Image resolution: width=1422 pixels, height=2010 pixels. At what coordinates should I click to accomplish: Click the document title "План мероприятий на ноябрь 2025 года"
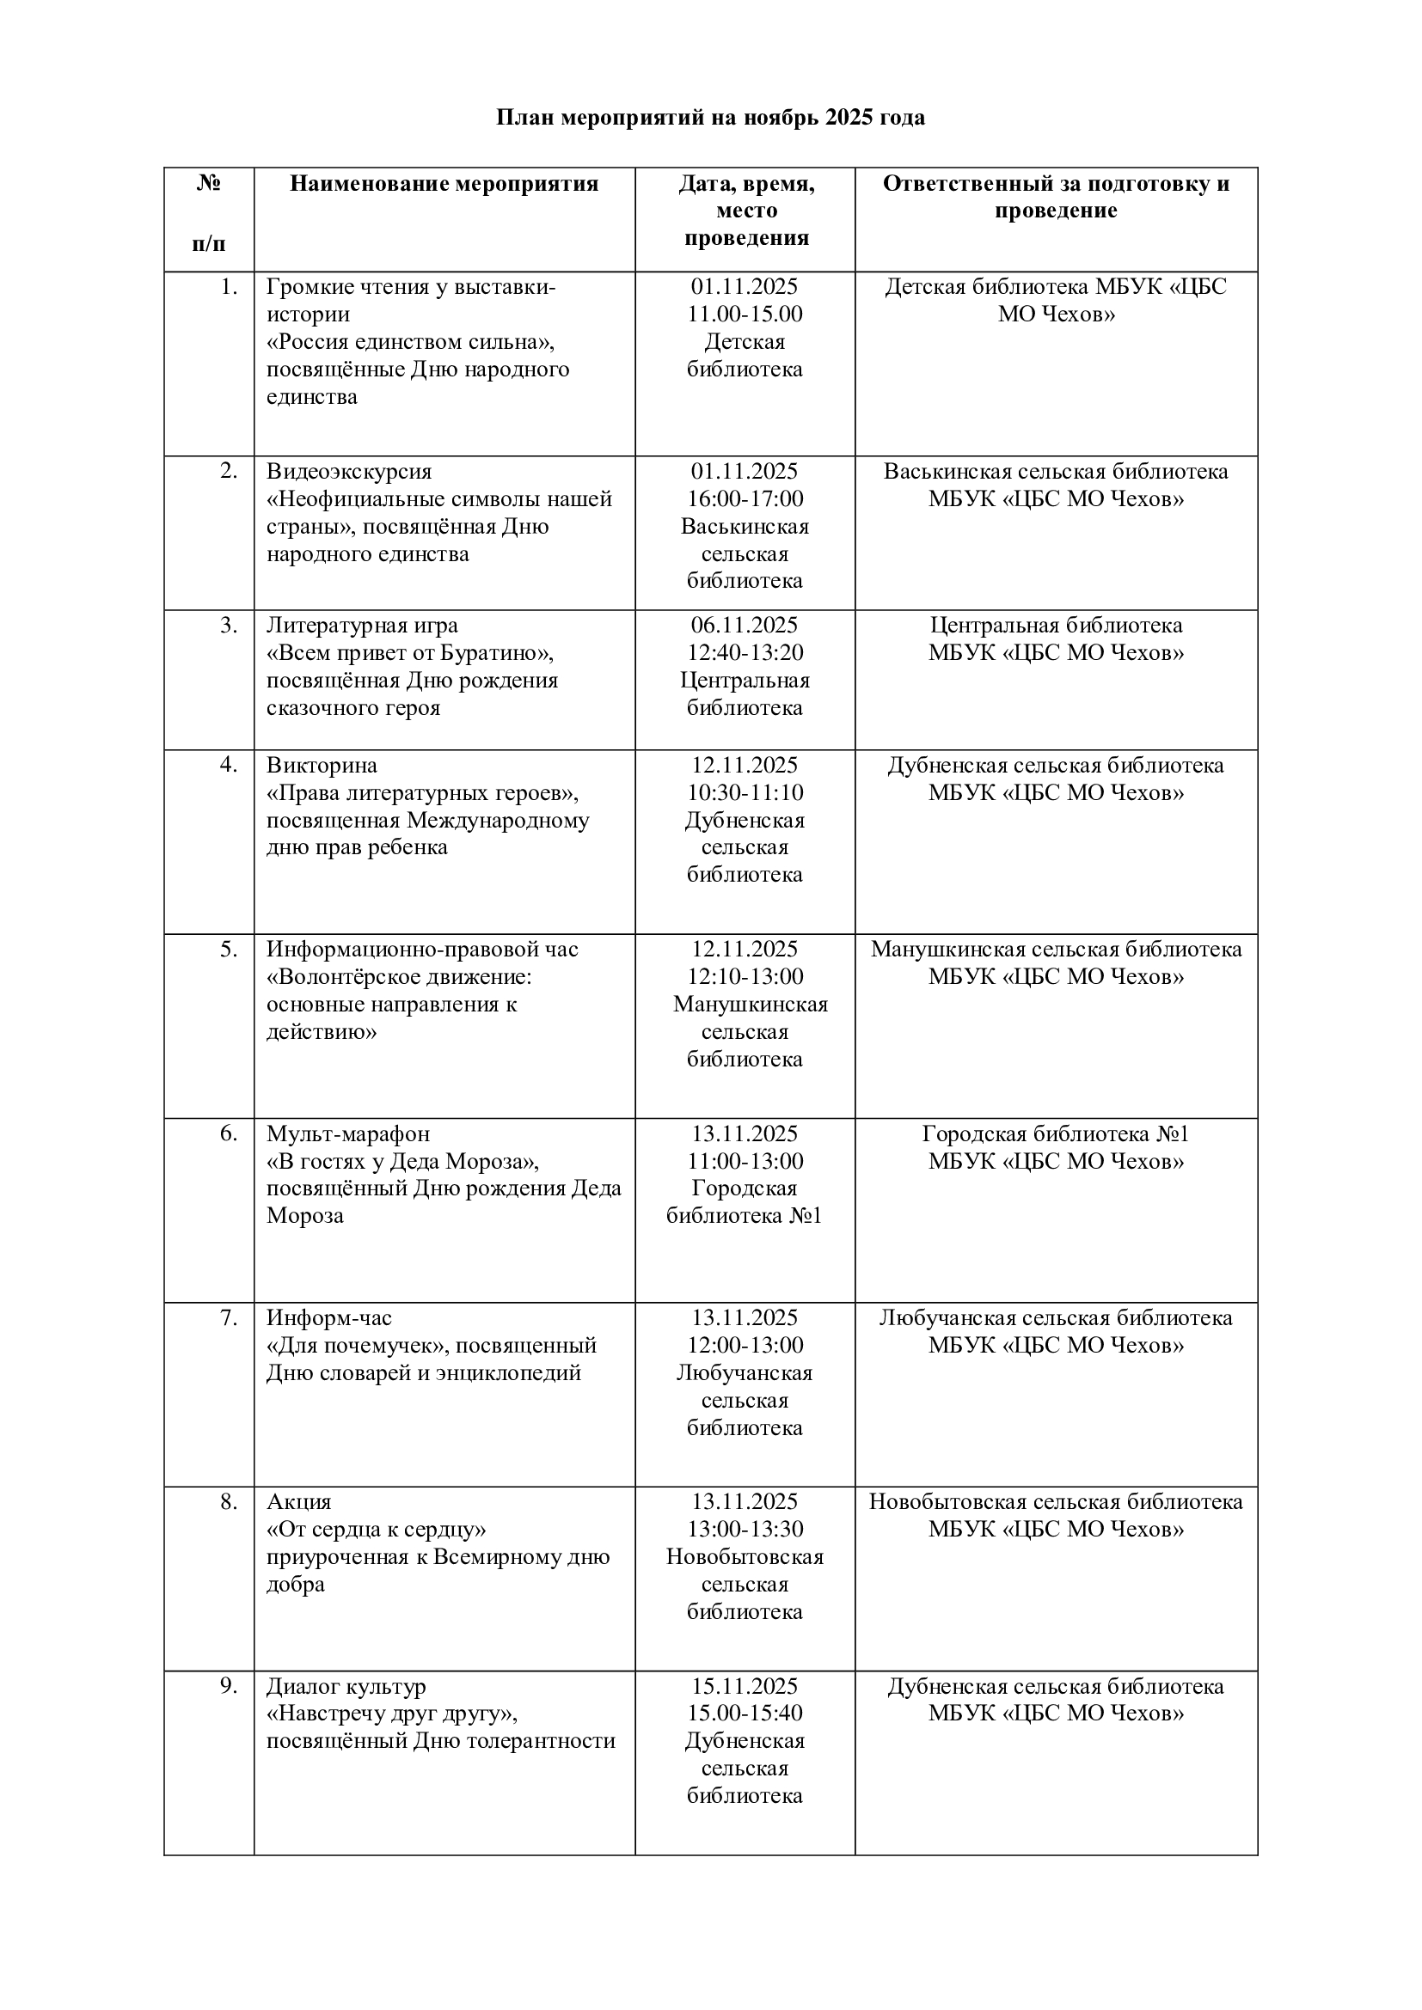coord(710,118)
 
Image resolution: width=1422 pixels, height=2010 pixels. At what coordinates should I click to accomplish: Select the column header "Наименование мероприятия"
coord(444,184)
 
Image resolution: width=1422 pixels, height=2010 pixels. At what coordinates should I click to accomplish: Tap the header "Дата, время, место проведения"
coord(745,211)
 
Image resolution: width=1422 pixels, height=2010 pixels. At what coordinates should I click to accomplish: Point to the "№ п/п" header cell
coord(208,213)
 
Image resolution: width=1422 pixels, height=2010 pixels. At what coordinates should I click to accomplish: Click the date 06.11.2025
coord(745,625)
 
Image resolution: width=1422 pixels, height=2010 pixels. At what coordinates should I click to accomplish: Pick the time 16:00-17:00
coord(745,499)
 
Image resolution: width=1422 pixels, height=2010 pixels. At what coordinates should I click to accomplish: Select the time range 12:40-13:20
coord(745,653)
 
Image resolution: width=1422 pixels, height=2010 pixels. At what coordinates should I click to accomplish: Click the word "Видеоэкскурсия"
coord(349,472)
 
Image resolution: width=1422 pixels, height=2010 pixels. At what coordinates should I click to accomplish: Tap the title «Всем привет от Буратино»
coord(411,653)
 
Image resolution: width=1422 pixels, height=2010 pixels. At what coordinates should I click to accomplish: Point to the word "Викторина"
coord(322,765)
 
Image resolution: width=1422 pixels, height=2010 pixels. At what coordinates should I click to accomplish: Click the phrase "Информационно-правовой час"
coord(422,949)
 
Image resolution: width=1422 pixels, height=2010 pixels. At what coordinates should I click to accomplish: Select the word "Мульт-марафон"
coord(347,1133)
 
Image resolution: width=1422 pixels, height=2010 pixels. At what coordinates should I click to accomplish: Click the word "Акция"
coord(298,1502)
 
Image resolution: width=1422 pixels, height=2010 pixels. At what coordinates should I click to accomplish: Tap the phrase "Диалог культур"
coord(346,1686)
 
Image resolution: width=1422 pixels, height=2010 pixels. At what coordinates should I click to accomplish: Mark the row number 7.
coord(229,1317)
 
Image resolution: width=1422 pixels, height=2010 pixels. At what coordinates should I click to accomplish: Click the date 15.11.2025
coord(745,1686)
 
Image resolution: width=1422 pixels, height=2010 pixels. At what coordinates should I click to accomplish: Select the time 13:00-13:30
coord(745,1530)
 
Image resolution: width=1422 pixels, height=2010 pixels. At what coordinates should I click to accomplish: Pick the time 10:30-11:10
coord(745,793)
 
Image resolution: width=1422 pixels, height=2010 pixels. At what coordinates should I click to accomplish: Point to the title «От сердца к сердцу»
coord(377,1530)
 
